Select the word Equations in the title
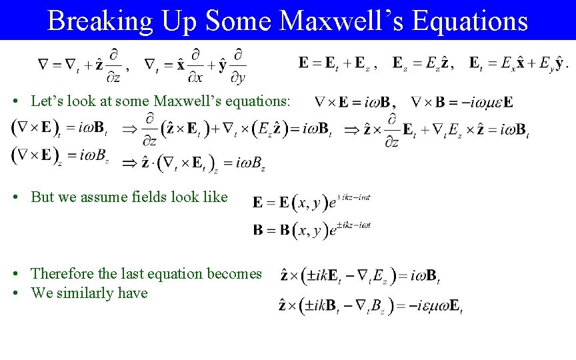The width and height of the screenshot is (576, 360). coord(470,21)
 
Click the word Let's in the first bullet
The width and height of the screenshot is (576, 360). coord(45,101)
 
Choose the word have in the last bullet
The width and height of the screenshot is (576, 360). coord(133,293)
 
